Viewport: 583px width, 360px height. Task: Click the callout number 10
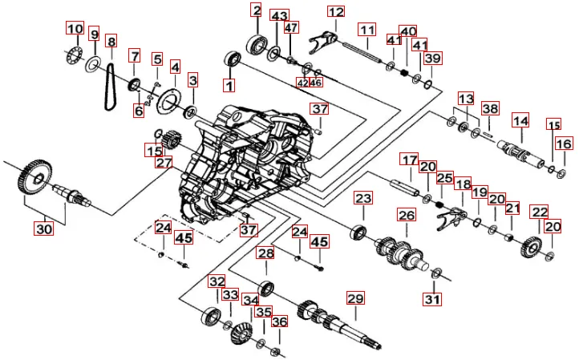point(75,30)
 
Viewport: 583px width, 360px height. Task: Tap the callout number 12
point(335,12)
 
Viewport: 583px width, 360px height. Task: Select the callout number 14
point(521,121)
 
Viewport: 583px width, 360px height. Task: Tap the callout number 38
point(490,108)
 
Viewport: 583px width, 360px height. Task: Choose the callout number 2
point(257,10)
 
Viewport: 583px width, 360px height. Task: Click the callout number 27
point(164,162)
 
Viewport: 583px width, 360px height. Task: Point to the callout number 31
point(433,300)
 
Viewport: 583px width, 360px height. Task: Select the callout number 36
point(279,322)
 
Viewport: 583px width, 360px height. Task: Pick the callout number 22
point(540,212)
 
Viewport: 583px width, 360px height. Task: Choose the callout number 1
point(229,84)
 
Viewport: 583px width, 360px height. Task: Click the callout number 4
point(175,67)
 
